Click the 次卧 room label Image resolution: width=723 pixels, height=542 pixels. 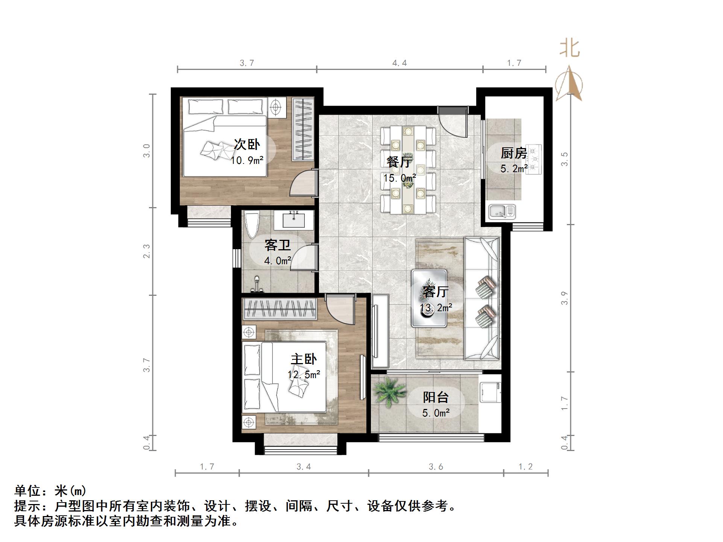247,144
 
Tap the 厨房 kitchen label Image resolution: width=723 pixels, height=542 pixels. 513,153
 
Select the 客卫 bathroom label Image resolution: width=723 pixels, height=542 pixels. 278,245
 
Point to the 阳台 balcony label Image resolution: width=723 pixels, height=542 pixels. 436,397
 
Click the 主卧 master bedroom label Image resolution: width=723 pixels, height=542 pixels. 304,359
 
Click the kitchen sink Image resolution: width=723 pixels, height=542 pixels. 502,212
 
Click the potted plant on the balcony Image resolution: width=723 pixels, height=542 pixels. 387,391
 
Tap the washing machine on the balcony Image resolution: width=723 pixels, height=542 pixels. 490,392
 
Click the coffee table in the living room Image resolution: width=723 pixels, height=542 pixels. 429,298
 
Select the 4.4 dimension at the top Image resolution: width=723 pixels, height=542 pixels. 399,63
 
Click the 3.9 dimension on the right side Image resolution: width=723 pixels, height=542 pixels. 564,298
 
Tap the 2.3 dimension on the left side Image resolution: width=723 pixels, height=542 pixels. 146,251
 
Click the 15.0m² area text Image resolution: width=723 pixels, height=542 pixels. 399,178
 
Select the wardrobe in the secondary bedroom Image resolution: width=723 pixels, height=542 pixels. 303,129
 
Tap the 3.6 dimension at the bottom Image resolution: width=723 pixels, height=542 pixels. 436,467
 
